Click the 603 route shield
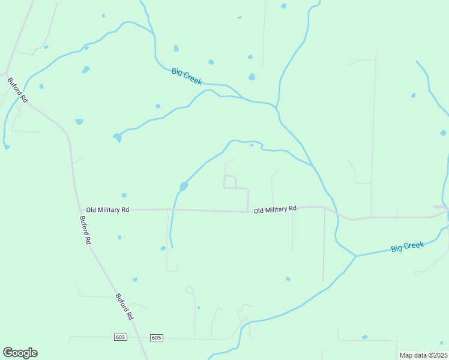[120, 338]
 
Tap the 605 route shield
[156, 338]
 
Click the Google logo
[20, 353]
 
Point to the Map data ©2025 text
[423, 355]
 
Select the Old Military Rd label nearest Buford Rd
[107, 210]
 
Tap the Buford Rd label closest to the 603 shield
[124, 306]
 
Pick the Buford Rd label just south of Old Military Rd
[85, 229]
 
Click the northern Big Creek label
[187, 76]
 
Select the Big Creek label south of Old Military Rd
[408, 246]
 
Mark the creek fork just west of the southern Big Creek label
[356, 256]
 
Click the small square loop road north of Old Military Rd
[230, 181]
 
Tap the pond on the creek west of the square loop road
[183, 187]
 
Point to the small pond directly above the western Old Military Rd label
[124, 195]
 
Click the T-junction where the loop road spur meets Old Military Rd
[249, 211]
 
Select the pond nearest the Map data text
[364, 337]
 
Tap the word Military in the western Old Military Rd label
[108, 210]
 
